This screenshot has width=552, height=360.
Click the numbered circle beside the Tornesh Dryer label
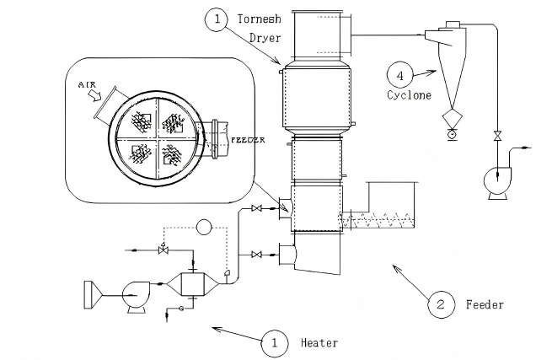(217, 19)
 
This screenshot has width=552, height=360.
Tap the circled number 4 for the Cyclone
(399, 75)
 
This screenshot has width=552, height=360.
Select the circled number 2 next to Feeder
(441, 304)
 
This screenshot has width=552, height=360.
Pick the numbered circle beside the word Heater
(275, 343)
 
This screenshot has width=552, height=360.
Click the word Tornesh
(259, 19)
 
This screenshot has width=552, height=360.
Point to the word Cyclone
(409, 95)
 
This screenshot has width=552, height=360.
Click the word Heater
(319, 343)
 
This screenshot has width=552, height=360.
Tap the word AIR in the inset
(87, 84)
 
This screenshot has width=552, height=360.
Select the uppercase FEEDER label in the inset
(248, 140)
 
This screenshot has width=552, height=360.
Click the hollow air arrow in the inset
(94, 95)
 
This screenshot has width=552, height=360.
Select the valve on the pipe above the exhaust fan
(497, 136)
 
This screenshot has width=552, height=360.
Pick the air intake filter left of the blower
(92, 295)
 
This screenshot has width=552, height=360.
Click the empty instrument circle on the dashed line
(203, 227)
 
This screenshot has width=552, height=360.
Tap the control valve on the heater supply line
(163, 250)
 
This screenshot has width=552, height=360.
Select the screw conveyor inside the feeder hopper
(374, 220)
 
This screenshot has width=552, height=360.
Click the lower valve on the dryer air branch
(257, 255)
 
